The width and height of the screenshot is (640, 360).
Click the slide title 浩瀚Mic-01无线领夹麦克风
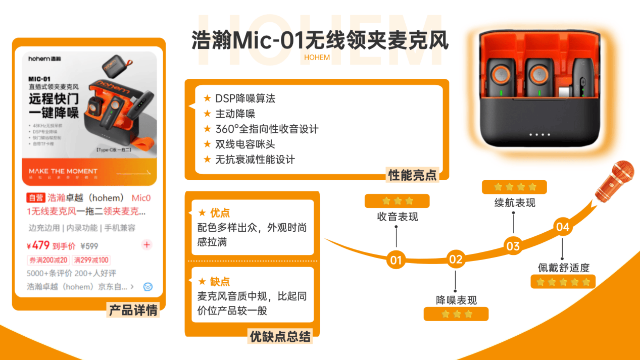[320, 40]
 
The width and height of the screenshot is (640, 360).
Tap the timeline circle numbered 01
[396, 260]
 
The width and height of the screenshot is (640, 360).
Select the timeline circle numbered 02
[456, 260]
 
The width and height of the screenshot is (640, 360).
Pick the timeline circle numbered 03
[513, 246]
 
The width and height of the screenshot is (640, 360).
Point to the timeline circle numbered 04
[562, 227]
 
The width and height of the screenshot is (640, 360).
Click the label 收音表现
[398, 217]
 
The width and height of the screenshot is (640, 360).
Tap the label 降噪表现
[456, 300]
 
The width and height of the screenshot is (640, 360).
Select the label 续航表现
[514, 202]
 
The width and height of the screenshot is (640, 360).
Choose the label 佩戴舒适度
[563, 268]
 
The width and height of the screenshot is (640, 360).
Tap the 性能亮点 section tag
[412, 175]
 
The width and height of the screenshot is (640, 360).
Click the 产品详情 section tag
[133, 310]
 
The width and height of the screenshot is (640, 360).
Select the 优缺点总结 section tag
[280, 336]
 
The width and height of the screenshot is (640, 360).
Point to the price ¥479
[38, 246]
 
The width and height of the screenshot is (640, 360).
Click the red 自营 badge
[35, 197]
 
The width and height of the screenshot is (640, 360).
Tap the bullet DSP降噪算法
[245, 98]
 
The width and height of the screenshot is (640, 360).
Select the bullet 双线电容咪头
[245, 144]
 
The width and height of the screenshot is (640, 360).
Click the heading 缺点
[220, 281]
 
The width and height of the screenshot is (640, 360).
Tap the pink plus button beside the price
[146, 245]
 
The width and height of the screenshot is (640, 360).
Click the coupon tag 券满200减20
[48, 260]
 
